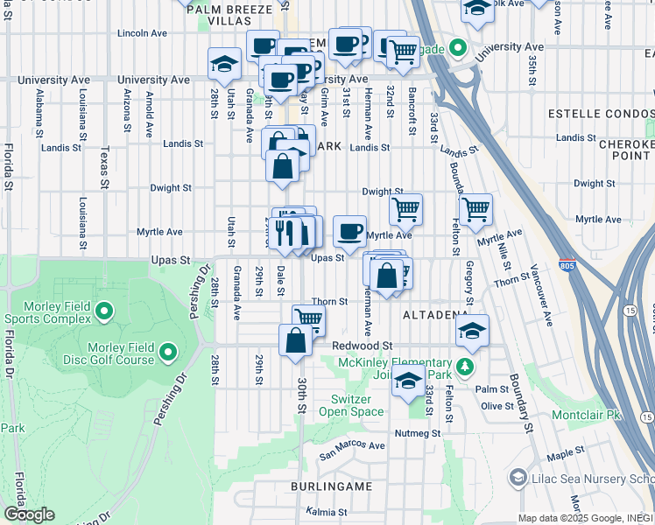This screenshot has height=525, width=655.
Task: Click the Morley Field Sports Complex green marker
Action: [104, 311]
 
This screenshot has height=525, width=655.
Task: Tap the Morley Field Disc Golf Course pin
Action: [168, 353]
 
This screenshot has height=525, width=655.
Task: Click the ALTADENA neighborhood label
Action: [432, 313]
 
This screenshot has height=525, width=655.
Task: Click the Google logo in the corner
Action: [30, 514]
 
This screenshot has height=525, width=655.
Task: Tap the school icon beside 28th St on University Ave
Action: [224, 64]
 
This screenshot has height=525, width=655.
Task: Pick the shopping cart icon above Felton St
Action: [475, 209]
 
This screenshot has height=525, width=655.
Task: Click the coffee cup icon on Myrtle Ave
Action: [349, 231]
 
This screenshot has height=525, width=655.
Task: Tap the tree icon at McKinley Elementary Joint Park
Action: [467, 365]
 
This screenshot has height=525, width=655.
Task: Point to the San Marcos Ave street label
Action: [352, 449]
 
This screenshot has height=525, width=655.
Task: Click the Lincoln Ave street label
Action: [142, 33]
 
